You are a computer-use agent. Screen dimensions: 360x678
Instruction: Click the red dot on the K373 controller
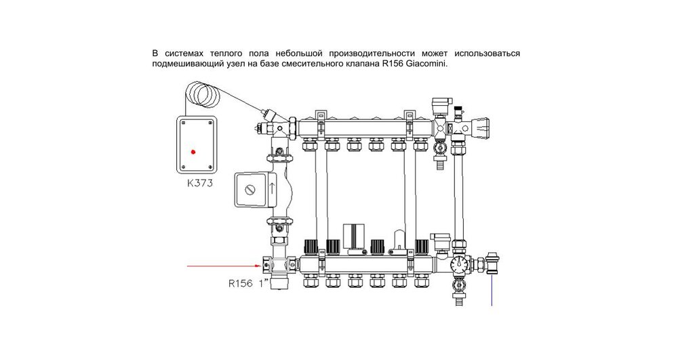click(x=193, y=152)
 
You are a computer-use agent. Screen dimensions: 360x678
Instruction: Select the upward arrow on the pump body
click(x=272, y=187)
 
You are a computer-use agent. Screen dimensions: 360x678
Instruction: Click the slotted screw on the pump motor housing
click(x=250, y=188)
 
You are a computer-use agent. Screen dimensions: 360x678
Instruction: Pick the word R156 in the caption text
click(x=393, y=64)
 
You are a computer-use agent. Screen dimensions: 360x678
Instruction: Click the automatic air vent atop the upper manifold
click(x=438, y=106)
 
